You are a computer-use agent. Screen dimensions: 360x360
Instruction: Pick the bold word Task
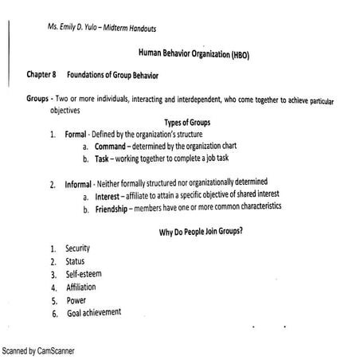pos(102,158)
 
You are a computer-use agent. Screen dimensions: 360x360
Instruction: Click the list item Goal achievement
pos(95,312)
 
